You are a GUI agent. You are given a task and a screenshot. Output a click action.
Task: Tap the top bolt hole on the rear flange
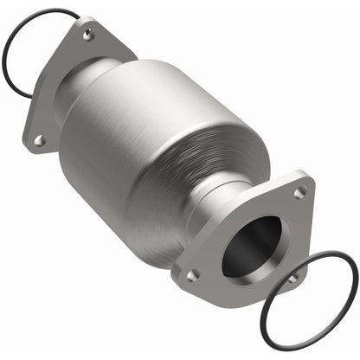point(88,35)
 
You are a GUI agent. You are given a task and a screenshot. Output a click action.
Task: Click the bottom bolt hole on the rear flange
point(39,138)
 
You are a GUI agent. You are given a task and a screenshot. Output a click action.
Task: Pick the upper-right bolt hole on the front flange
point(299,192)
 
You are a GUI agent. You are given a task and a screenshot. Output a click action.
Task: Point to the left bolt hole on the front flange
point(192,275)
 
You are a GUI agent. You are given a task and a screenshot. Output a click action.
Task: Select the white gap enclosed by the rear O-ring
point(26,43)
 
